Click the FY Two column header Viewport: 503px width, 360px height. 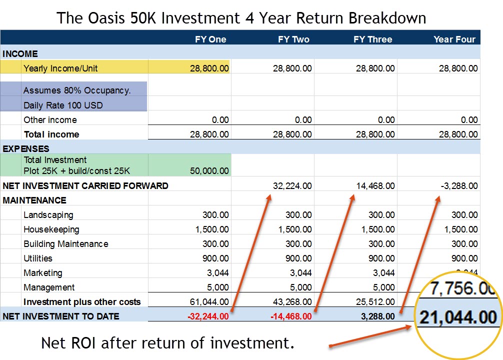tap(293, 39)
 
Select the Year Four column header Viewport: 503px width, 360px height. tap(454, 39)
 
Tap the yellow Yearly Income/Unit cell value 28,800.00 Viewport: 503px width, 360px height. tap(209, 68)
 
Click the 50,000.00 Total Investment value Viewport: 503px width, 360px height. tap(209, 170)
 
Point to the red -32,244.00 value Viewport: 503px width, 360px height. tap(208, 316)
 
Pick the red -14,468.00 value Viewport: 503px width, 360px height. tap(291, 316)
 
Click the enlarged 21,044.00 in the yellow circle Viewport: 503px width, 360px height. tap(458, 317)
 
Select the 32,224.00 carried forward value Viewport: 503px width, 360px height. tap(292, 186)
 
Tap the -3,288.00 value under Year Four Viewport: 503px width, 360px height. tap(459, 186)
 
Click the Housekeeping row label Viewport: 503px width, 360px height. tap(51, 229)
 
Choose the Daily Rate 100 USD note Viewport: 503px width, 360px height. tap(63, 105)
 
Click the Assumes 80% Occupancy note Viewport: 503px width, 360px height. tap(77, 90)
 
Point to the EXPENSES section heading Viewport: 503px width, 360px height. tap(26, 149)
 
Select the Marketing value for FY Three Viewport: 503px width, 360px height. tap(383, 273)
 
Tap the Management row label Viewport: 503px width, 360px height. tap(49, 287)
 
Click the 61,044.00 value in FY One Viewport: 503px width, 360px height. tap(209, 302)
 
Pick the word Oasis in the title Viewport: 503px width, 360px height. tap(106, 18)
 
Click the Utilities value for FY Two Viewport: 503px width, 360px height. tap(298, 258)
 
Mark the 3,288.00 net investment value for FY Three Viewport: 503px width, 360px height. tap(378, 316)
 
